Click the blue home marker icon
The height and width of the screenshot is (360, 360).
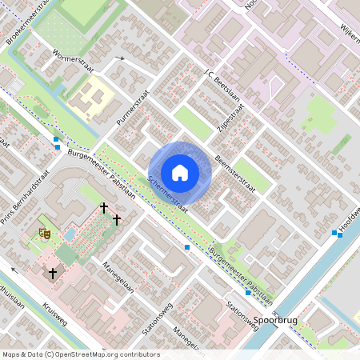pos(180,173)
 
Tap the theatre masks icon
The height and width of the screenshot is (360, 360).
pos(44,234)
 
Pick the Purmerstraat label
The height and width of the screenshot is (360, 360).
pos(133,106)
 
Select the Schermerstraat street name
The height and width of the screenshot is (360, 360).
pos(167,194)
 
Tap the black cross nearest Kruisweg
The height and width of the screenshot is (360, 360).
pos(53,274)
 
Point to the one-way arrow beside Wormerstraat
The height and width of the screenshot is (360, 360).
pos(120,59)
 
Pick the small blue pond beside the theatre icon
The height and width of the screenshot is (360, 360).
pos(70,234)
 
